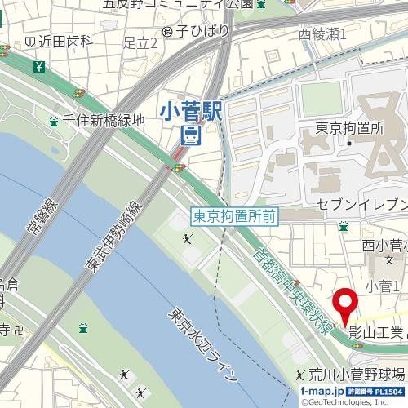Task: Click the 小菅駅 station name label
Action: pyautogui.click(x=196, y=110)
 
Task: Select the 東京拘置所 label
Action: pyautogui.click(x=349, y=128)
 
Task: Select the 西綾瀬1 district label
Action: pyautogui.click(x=323, y=33)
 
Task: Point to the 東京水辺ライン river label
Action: pyautogui.click(x=203, y=345)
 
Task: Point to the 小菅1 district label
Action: pyautogui.click(x=381, y=286)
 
